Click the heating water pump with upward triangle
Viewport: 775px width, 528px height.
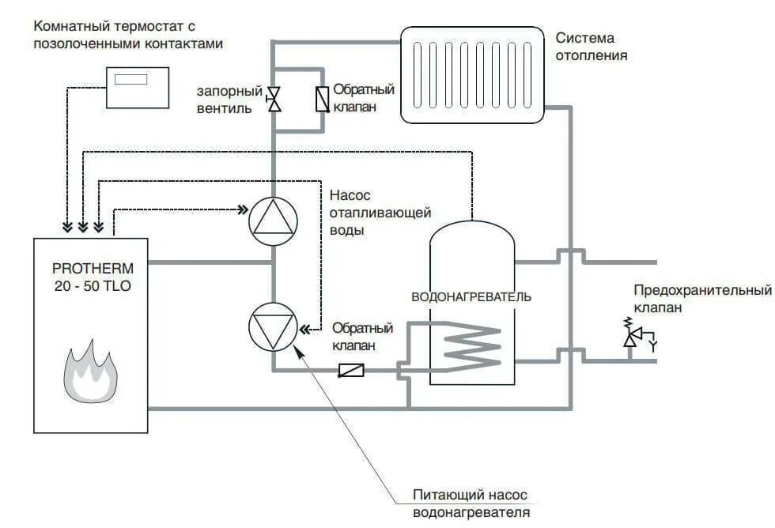point(274,221)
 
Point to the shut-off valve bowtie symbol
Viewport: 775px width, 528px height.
point(274,99)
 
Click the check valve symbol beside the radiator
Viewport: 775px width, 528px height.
point(322,99)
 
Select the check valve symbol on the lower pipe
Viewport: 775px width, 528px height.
point(351,370)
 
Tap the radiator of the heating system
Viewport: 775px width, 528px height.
point(472,75)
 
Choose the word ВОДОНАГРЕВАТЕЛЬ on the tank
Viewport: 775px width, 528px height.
point(471,297)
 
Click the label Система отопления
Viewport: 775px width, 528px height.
point(591,47)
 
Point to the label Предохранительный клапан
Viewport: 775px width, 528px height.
point(702,299)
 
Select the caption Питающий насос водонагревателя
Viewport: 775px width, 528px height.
point(471,503)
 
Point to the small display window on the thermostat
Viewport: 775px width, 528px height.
point(130,78)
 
